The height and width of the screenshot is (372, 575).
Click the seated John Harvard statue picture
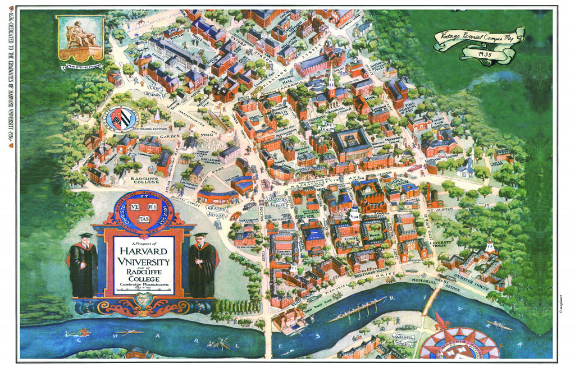tap(80, 38)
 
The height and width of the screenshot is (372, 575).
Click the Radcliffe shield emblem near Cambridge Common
tap(121, 119)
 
